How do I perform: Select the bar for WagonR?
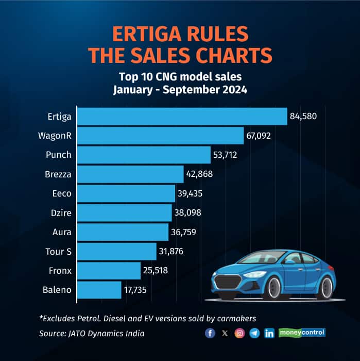(x=160, y=136)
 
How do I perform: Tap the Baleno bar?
(x=99, y=290)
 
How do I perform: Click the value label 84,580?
(x=303, y=117)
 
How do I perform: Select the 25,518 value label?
(x=156, y=271)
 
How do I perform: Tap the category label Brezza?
(x=58, y=174)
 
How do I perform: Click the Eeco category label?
(x=62, y=193)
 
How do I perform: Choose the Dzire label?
(x=61, y=213)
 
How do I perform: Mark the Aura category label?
(x=62, y=232)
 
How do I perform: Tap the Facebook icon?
(x=210, y=333)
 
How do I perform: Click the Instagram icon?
(x=239, y=333)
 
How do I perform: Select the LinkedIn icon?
(x=269, y=333)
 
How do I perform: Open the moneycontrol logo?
(x=302, y=333)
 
